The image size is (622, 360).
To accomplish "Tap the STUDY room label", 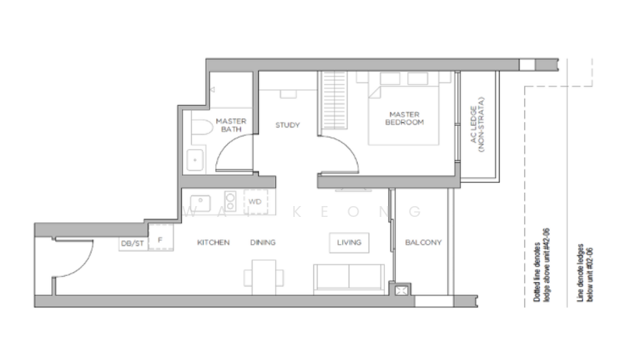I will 288,126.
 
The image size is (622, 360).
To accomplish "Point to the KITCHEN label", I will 213,243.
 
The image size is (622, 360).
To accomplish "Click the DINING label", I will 263,243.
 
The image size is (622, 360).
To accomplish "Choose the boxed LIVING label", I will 349,243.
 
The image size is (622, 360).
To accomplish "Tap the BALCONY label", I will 423,243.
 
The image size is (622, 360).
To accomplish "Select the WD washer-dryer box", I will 255,201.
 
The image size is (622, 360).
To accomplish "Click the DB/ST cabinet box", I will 132,243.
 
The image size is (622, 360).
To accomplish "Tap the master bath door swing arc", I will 230,159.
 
